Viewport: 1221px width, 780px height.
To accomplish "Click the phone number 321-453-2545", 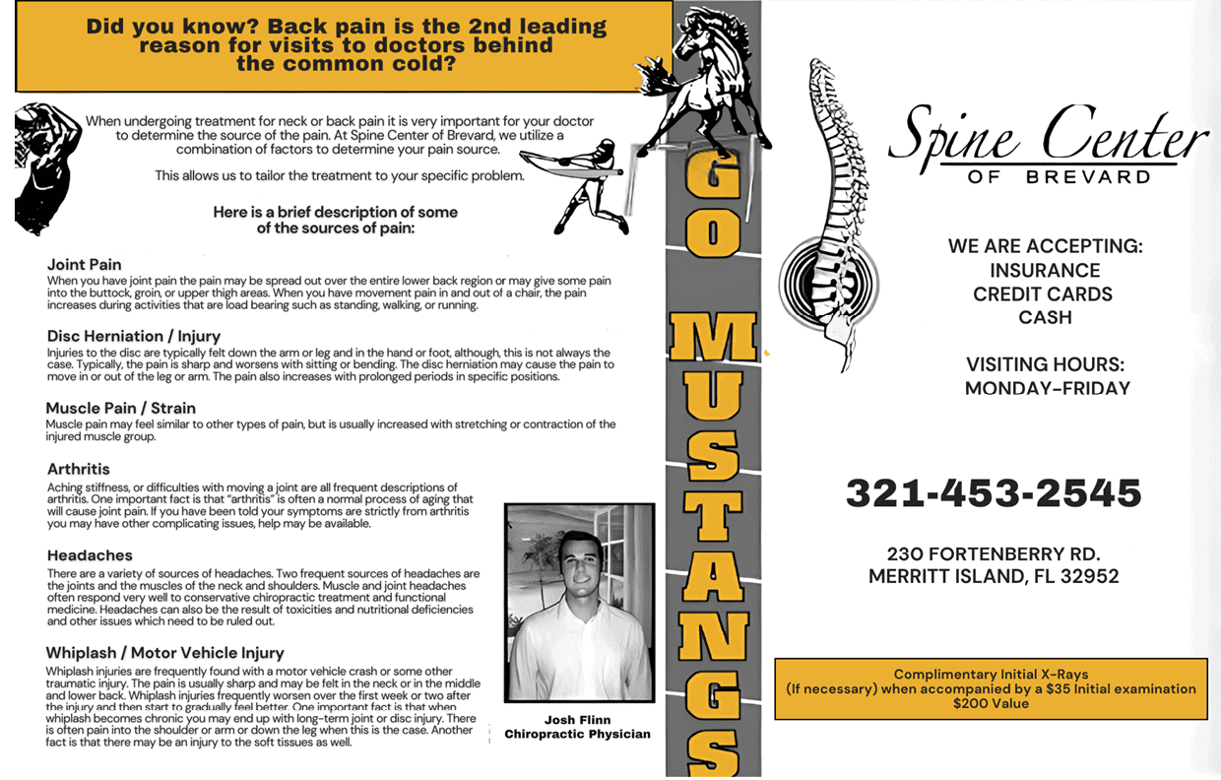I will coord(993,492).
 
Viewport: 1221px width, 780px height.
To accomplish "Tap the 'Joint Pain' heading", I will coord(85,264).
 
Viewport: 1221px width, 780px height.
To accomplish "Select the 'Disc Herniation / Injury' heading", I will coord(134,336).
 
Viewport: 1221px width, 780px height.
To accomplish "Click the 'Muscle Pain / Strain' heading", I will coord(121,408).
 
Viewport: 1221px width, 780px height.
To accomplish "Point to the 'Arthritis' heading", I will coord(79,469).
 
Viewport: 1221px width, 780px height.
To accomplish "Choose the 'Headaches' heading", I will coord(90,555).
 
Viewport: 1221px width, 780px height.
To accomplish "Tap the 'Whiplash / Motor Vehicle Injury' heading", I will coord(165,652).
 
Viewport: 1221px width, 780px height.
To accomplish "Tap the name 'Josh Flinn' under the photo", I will coord(577,720).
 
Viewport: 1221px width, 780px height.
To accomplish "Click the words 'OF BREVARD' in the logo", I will coord(1059,177).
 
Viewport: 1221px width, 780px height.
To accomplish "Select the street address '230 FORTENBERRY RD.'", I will coord(993,553).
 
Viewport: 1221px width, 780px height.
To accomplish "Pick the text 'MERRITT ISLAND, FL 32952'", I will coord(993,577).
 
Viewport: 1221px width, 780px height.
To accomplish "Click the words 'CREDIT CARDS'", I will coord(1043,293).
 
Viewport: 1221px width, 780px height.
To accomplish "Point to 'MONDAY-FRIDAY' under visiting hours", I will coord(1047,388).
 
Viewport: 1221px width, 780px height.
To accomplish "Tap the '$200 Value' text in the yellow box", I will coord(990,704).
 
